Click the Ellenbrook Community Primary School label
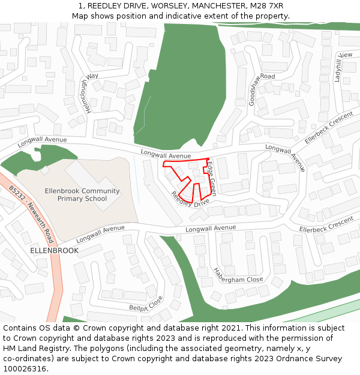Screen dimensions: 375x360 pos(82,194)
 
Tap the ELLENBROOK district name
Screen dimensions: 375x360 pos(54,250)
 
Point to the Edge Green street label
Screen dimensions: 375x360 pos(212,178)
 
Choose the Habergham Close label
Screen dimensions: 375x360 pos(238,275)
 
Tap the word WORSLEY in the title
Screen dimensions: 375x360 pos(163,5)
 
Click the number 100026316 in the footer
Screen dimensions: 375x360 pos(25,369)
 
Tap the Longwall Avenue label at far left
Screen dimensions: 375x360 pos(42,141)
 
